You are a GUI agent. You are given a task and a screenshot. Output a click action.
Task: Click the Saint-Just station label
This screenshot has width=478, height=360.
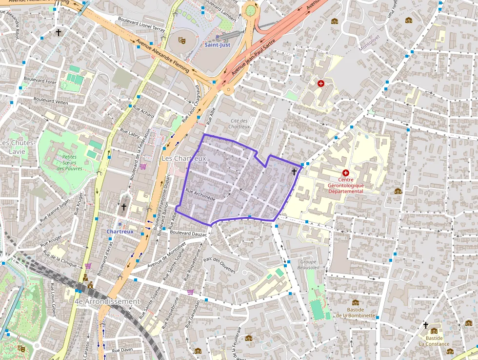coord(217,45)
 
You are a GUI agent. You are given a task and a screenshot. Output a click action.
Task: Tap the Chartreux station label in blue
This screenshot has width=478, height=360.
coord(120,231)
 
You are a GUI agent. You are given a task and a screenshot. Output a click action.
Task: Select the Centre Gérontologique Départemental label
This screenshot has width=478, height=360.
coord(346,186)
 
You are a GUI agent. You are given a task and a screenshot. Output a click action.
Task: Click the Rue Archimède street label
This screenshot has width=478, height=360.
coord(200,195)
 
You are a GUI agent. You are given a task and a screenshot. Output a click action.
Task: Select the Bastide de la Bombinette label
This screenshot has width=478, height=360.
coord(355,312)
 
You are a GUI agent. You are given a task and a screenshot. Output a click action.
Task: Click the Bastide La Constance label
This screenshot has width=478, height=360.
coord(434,341)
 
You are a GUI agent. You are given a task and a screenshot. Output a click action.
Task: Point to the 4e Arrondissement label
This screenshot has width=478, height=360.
coord(107,301)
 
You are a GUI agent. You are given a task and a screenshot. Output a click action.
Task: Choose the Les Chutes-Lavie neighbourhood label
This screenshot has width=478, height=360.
coord(17,147)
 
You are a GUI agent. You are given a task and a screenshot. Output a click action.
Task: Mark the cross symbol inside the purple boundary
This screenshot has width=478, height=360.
coord(294,171)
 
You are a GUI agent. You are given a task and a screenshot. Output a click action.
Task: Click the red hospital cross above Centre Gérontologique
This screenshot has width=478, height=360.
coord(346,172)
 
